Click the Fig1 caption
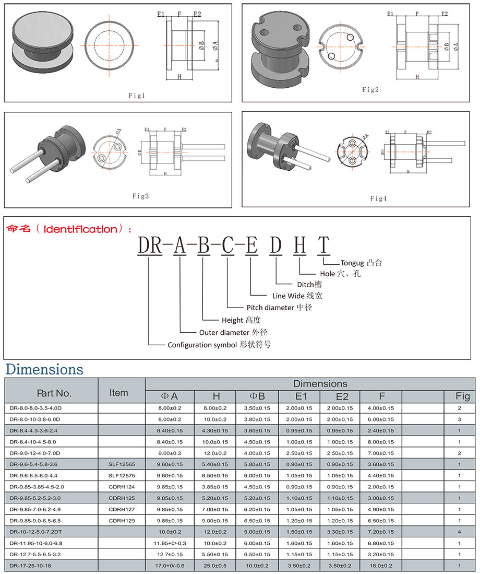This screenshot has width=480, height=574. [x=137, y=96]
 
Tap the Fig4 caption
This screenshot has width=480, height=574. [x=378, y=198]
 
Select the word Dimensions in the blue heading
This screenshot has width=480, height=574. [x=44, y=369]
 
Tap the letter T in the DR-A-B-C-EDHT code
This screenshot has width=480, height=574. [x=324, y=245]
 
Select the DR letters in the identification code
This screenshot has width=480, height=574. [x=150, y=245]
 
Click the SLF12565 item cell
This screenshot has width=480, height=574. [x=122, y=464]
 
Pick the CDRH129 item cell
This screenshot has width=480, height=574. [x=122, y=521]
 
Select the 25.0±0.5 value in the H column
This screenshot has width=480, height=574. [x=215, y=566]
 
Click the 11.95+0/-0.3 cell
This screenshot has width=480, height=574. [x=170, y=543]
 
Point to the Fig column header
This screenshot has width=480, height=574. [x=463, y=396]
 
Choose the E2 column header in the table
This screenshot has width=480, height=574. [x=342, y=396]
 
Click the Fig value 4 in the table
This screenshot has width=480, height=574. [x=460, y=532]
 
